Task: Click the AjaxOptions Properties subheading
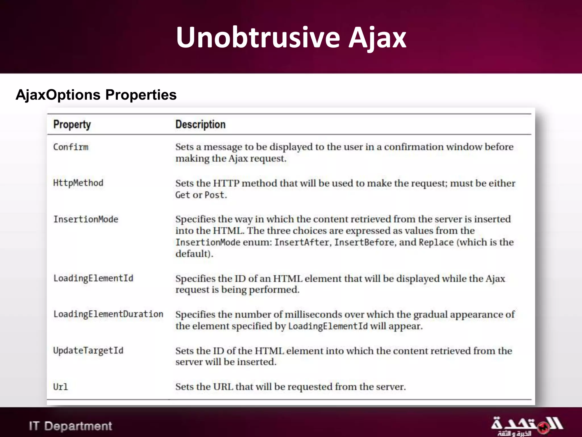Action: pos(96,95)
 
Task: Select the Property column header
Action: pos(72,125)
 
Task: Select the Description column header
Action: pos(200,125)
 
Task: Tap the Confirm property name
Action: pos(71,147)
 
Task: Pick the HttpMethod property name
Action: pos(78,183)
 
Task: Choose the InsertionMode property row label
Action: pos(86,219)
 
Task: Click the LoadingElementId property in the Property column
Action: pos(93,278)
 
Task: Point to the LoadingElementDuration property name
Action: pos(108,314)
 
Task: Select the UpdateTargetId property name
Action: pos(88,351)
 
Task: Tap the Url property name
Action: pos(61,387)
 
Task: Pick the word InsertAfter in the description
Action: pos(302,242)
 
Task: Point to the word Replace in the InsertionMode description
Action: pos(436,242)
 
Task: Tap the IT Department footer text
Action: pos(70,426)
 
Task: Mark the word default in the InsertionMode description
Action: pos(192,254)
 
